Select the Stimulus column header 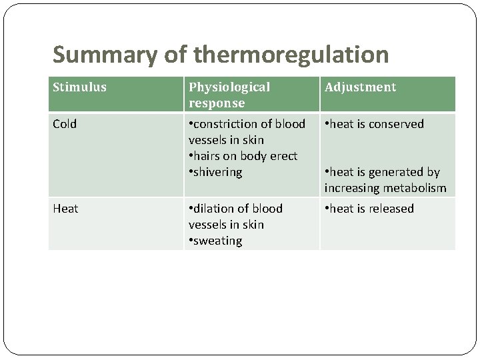(x=79, y=87)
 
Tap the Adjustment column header (x=360, y=87)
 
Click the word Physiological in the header (x=229, y=87)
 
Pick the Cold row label (x=65, y=124)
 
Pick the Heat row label (x=65, y=209)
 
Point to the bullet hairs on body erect (x=243, y=156)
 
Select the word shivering (x=218, y=172)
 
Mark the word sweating (x=218, y=241)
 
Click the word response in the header (x=217, y=103)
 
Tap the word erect (x=282, y=156)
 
